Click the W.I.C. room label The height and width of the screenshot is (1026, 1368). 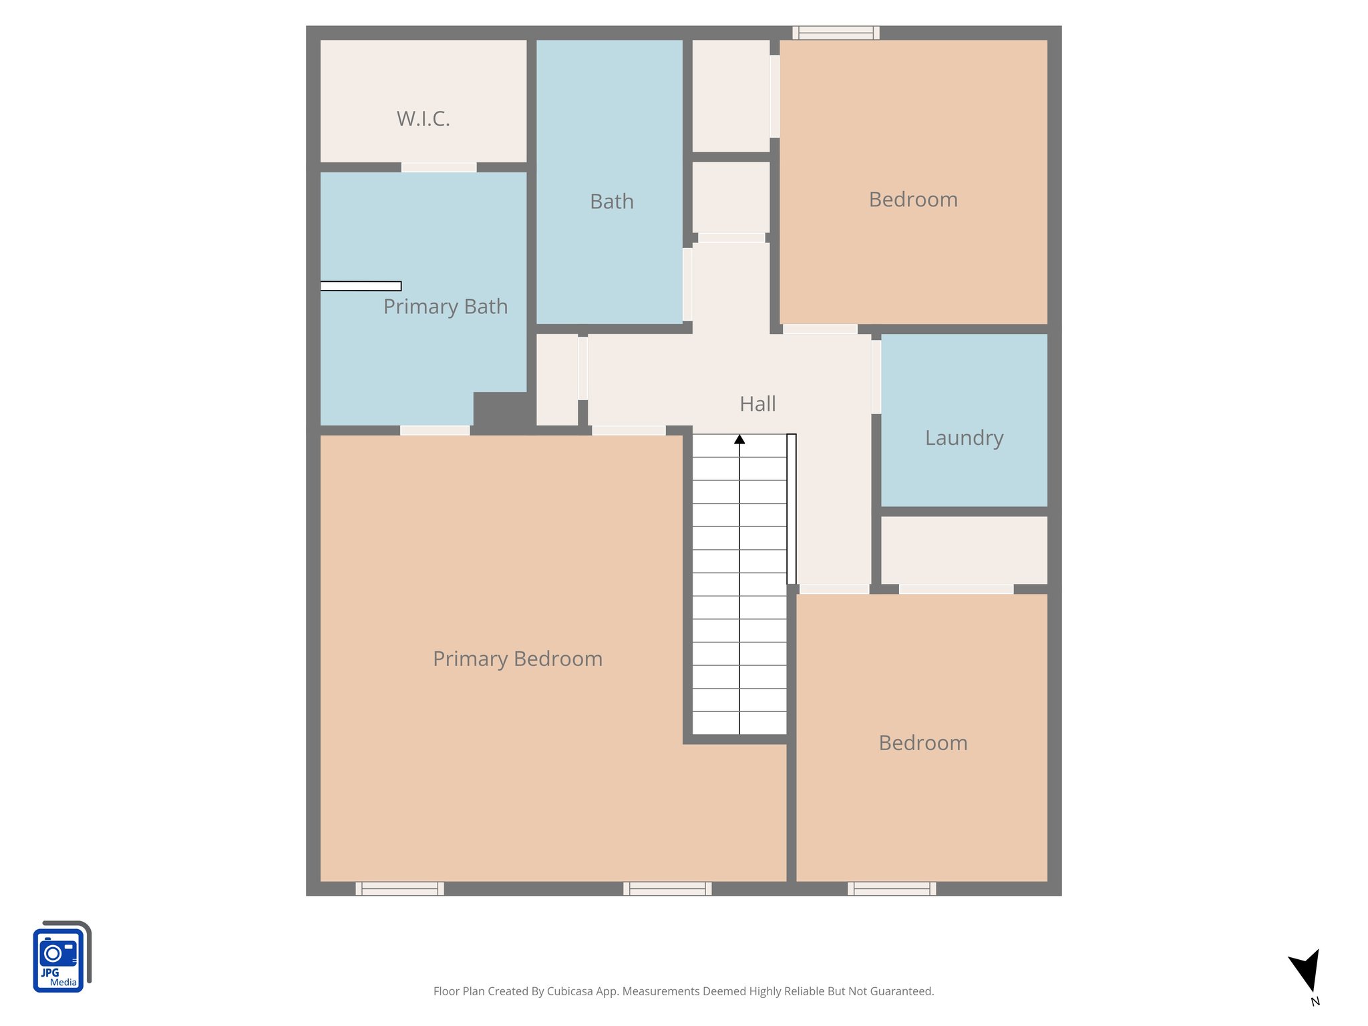(423, 119)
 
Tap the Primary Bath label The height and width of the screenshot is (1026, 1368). (445, 307)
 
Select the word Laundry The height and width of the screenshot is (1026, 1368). (964, 438)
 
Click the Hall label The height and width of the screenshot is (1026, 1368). (757, 404)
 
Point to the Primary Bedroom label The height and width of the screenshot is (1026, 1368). (518, 659)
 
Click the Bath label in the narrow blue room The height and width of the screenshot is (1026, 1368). (611, 202)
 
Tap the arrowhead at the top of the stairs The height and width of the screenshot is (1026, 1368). (739, 440)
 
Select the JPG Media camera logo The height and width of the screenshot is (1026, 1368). (60, 957)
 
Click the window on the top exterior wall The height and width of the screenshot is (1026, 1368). (836, 33)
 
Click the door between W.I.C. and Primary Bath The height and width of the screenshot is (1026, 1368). (439, 167)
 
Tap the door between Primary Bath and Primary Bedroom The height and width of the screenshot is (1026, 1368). (435, 430)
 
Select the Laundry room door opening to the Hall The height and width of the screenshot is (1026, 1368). (876, 377)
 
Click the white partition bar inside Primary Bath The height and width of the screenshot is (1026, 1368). (361, 286)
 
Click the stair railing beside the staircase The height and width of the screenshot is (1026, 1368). (792, 509)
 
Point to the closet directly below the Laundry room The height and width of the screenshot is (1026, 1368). (963, 550)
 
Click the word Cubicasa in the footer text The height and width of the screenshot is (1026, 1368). (570, 991)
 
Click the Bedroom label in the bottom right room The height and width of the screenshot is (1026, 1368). (922, 743)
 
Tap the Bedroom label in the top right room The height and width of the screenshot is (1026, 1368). (912, 200)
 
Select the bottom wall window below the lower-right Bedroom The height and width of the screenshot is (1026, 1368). (892, 888)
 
